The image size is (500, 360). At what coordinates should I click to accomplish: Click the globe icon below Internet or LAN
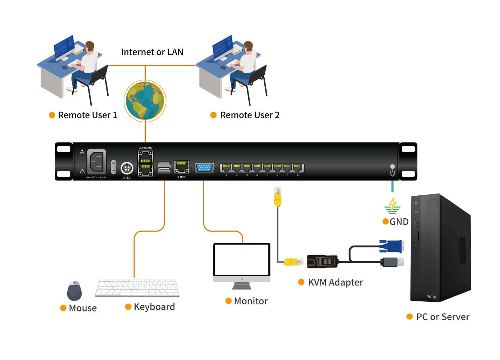[145, 101]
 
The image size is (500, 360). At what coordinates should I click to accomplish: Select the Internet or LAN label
[152, 52]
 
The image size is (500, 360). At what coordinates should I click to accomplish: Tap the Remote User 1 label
[87, 115]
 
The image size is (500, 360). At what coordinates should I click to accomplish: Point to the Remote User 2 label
[250, 115]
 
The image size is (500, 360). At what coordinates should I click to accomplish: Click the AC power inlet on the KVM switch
[96, 161]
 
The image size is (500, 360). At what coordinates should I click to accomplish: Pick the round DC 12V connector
[127, 168]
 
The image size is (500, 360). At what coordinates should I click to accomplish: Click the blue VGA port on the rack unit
[204, 168]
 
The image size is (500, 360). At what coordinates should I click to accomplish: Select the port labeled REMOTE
[182, 167]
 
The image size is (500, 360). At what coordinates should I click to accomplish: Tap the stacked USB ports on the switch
[164, 167]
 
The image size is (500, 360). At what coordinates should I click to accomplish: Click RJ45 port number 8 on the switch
[297, 168]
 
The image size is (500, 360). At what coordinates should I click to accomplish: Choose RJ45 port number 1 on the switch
[226, 168]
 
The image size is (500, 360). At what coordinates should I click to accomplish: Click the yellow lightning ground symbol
[392, 205]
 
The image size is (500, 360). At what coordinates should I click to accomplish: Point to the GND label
[399, 222]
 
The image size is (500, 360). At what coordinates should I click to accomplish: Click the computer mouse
[74, 291]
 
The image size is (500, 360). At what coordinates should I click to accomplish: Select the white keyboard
[137, 287]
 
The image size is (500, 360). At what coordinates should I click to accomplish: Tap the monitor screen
[242, 260]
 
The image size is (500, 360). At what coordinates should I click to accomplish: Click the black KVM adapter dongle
[322, 261]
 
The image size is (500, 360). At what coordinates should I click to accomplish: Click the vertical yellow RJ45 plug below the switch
[277, 197]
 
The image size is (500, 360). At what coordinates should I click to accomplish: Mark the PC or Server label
[442, 317]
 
